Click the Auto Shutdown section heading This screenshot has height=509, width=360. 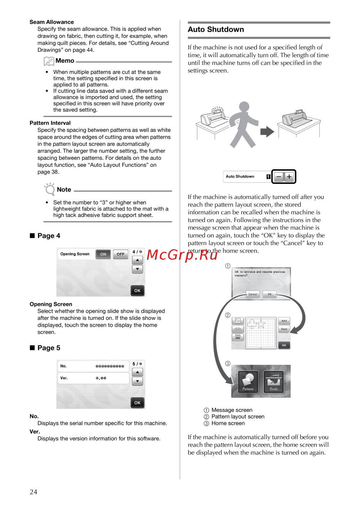click(x=216, y=30)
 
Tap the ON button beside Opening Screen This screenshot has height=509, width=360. click(x=103, y=254)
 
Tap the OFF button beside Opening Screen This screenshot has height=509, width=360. click(x=121, y=254)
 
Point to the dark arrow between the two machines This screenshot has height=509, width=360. click(x=267, y=131)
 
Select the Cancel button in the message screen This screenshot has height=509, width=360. click(x=253, y=294)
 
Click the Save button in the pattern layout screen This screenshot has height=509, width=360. click(x=284, y=329)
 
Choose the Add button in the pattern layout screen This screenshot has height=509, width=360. click(x=284, y=321)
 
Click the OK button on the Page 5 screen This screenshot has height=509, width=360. click(x=138, y=403)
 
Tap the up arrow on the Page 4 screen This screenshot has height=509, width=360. click(x=138, y=260)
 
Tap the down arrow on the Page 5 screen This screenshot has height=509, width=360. click(x=138, y=381)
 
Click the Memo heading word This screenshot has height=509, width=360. click(x=65, y=61)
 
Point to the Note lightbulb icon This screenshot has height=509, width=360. click(x=49, y=189)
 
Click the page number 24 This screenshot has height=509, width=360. click(x=33, y=492)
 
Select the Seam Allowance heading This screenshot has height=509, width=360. click(x=51, y=22)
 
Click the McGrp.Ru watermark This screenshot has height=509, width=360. click(x=182, y=255)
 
